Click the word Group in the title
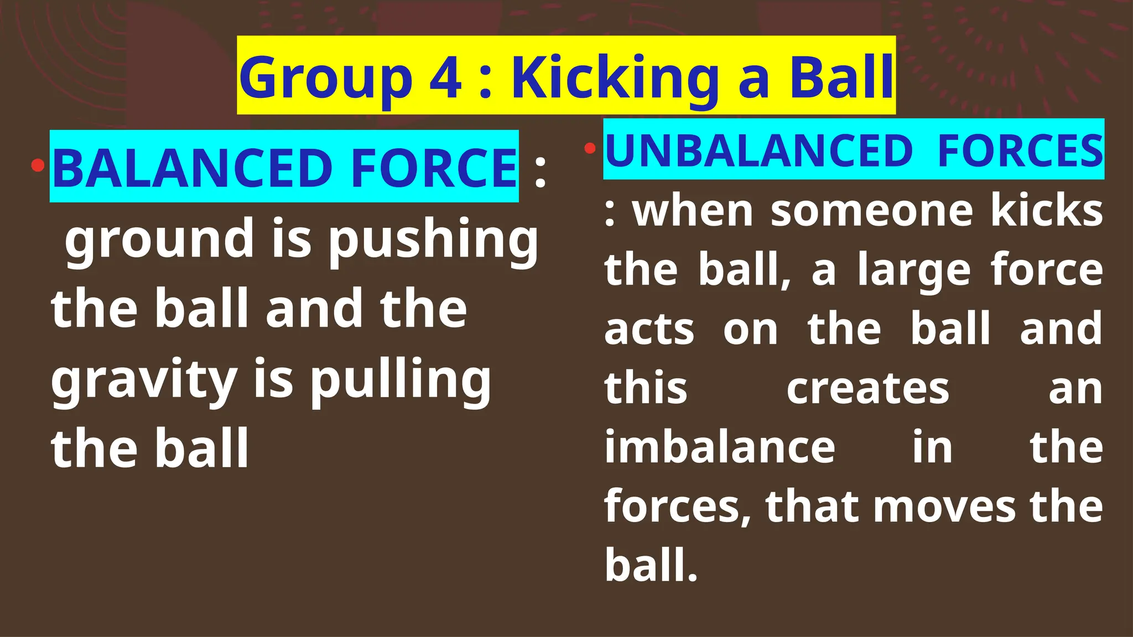pos(326,78)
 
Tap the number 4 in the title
pos(446,77)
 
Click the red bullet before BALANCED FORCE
pos(38,165)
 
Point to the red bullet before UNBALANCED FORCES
pos(590,148)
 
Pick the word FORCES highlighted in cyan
pos(1020,151)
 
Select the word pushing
pos(433,239)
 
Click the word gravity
pos(144,380)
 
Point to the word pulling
pos(400,380)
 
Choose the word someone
pos(871,211)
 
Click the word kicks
pos(1046,211)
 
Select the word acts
pos(649,330)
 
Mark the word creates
pos(867,388)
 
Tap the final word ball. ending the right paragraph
pos(651,565)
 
